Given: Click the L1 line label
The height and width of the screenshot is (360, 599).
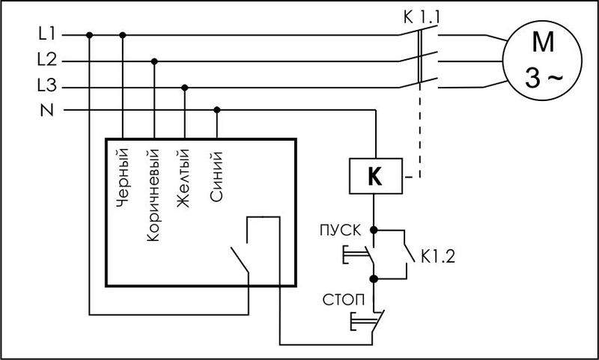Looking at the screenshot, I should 46,34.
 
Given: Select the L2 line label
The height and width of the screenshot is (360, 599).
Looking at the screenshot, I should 46,61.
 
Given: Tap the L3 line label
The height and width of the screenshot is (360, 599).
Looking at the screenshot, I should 46,86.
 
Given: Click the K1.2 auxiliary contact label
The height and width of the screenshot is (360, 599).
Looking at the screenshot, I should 437,257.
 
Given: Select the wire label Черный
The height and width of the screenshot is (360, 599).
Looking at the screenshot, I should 124,179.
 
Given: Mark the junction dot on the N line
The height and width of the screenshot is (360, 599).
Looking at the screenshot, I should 217,110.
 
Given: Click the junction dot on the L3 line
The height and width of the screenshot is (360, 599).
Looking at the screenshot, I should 185,86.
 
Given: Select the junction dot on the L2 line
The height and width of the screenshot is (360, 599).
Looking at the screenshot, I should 154,61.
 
